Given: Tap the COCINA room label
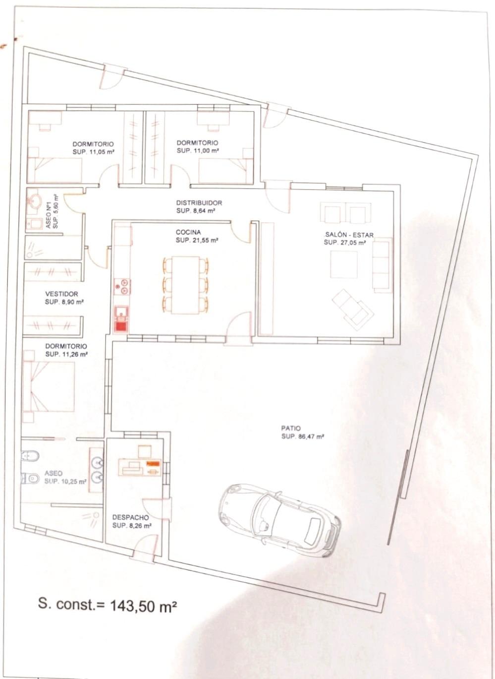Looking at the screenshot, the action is point(188,233).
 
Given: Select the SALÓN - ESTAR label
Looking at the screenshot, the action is point(349,235).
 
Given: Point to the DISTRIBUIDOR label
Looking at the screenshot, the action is point(199,203).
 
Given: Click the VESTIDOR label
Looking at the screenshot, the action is point(61,294).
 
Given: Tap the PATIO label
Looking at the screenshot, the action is point(291,429).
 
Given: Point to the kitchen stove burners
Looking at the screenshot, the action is point(122,287).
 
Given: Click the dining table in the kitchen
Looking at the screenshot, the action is point(185,285).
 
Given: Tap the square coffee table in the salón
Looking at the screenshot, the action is point(343,264).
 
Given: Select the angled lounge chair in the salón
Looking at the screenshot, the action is point(353,310).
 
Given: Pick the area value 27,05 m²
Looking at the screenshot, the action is point(351,243).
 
